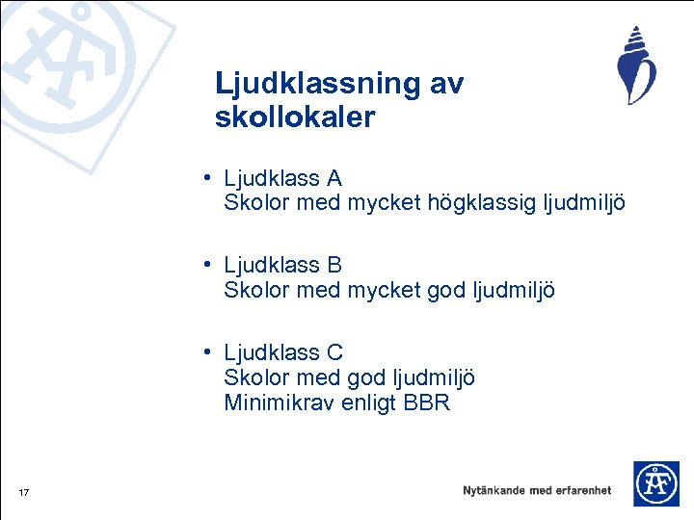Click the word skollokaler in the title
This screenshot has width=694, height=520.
point(295,118)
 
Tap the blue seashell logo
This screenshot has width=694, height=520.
point(635,65)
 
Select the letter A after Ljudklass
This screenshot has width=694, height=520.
point(334,179)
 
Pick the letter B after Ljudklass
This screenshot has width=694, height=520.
point(334,265)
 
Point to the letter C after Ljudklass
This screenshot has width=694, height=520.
point(335,353)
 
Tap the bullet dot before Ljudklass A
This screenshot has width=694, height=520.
point(208,179)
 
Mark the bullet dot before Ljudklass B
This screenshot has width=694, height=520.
point(208,265)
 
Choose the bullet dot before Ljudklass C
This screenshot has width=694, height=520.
point(208,353)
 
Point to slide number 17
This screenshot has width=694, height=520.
point(24,494)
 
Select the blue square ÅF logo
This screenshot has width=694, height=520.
point(655,483)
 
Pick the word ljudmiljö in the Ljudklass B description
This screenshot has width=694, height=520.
point(513,290)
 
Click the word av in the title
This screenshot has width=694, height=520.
point(446,85)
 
